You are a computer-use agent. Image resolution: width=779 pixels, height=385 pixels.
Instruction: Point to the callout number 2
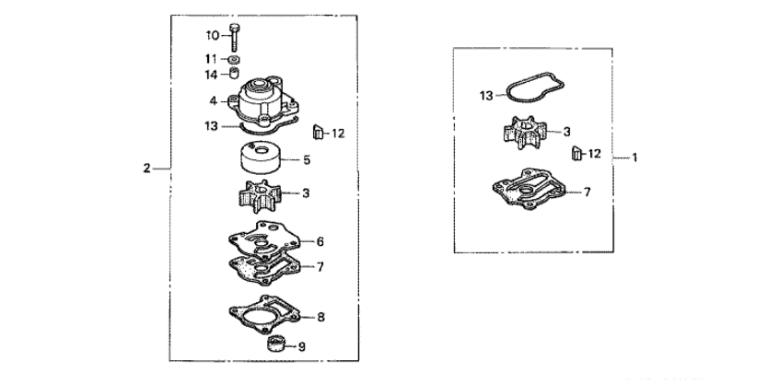146,169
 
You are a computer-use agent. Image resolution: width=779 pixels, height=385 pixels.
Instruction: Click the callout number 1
634,158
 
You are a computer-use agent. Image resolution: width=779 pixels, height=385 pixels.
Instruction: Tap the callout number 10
211,36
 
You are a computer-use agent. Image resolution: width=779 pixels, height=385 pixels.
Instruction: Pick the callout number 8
321,316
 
